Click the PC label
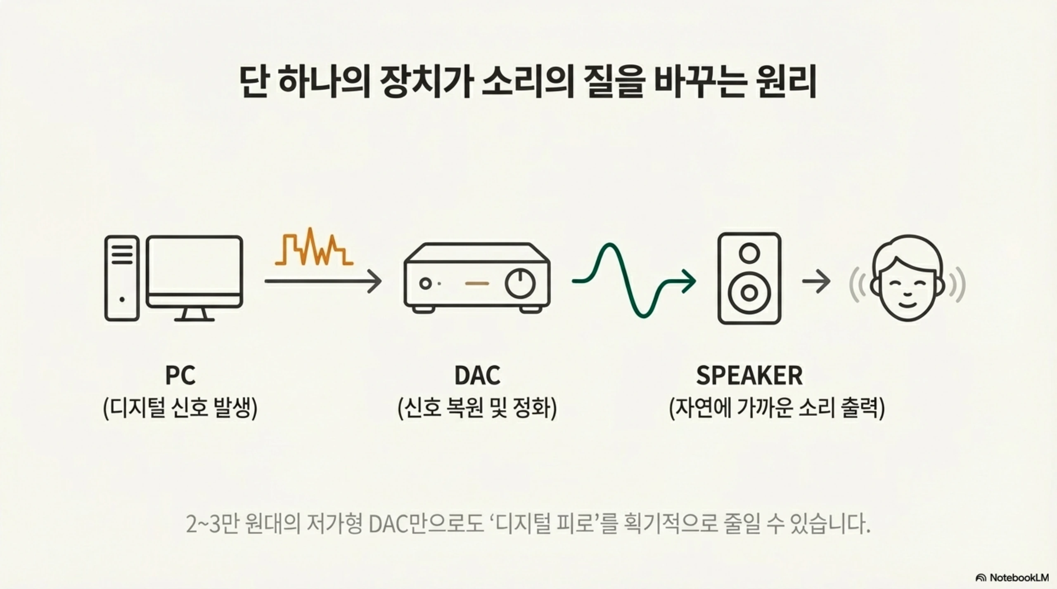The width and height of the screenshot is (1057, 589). pos(180,375)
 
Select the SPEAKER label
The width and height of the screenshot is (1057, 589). pos(749,375)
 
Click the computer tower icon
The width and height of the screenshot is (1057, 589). pos(122,278)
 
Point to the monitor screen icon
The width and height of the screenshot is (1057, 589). pos(194,266)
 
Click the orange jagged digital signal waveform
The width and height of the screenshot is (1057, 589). pos(314,247)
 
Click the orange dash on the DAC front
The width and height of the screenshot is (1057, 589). pos(477,283)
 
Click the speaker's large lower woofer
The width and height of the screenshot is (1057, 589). pos(749,292)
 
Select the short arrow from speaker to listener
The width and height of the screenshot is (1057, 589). pos(816,281)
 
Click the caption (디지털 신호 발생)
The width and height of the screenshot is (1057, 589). pos(180,408)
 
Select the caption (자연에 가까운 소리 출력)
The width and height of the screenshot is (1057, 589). pos(777,408)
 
